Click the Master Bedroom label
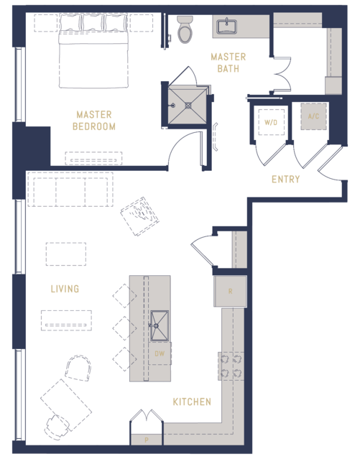point(93,120)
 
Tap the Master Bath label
point(229,62)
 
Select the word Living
point(65,289)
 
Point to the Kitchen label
point(192,402)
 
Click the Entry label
point(285,179)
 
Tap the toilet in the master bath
point(185,29)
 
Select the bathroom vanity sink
point(226,27)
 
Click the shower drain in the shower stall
point(188,105)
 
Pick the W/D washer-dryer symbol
point(271,122)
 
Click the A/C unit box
point(313,116)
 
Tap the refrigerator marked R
point(230,291)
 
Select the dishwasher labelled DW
point(160,353)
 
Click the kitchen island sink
point(160,326)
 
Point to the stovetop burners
point(231,366)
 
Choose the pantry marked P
point(146,440)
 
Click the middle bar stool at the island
point(124,328)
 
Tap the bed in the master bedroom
point(93,51)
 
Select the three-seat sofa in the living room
point(70,190)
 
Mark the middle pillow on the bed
point(93,22)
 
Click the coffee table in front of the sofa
point(66,254)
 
